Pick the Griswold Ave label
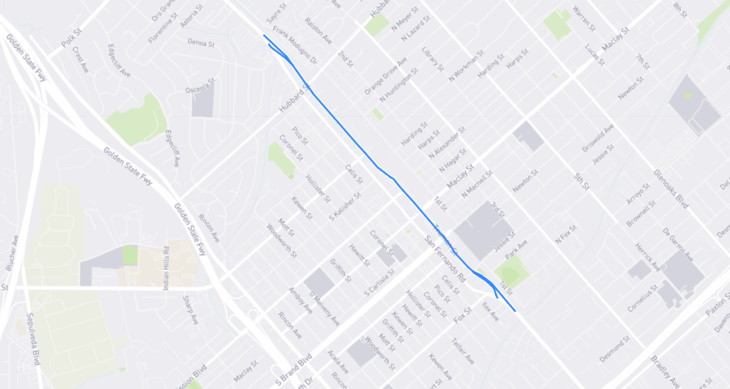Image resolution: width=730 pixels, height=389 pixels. coord(597,138)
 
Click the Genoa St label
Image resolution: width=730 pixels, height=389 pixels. coord(201,43)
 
